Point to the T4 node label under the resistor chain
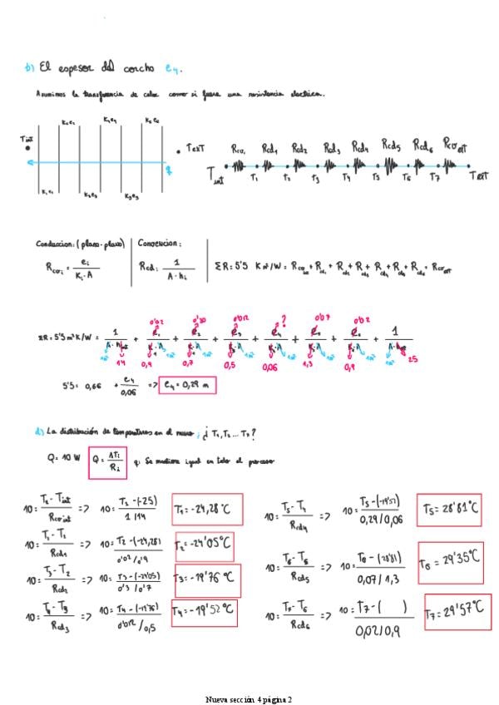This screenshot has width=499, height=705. click(x=346, y=177)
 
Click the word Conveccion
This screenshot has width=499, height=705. click(x=159, y=244)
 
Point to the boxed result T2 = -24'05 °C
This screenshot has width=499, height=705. click(x=203, y=546)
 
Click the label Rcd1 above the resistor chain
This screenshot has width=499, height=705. click(x=269, y=147)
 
